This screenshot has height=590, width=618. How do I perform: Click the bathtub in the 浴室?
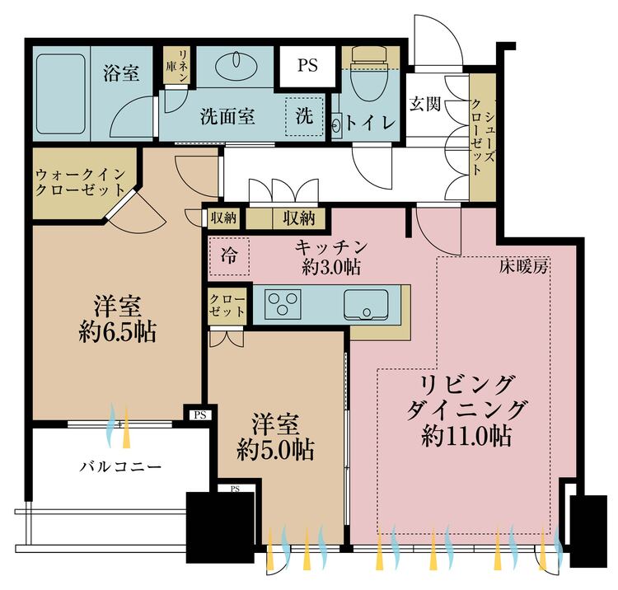pyautogui.click(x=61, y=94)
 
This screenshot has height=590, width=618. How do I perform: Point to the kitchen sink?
pyautogui.click(x=366, y=304)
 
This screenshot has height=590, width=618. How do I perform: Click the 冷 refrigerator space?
pyautogui.click(x=229, y=255)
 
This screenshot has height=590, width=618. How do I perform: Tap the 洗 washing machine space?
pyautogui.click(x=304, y=115)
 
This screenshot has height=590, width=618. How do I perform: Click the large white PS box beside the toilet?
pyautogui.click(x=307, y=65)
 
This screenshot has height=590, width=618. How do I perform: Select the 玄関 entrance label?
pyautogui.click(x=424, y=104)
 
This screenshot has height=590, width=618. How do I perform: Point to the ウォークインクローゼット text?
pyautogui.click(x=81, y=182)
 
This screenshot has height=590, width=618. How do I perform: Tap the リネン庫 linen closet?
pyautogui.click(x=176, y=65)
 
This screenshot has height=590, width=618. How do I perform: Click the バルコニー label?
pyautogui.click(x=120, y=467)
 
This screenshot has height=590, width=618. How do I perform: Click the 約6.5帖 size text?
pyautogui.click(x=118, y=333)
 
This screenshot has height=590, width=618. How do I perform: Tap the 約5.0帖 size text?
pyautogui.click(x=275, y=449)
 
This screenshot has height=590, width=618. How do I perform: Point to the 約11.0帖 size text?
pyautogui.click(x=466, y=436)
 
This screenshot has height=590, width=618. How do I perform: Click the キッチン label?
pyautogui.click(x=331, y=246)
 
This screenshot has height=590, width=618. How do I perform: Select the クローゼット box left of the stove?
pyautogui.click(x=227, y=306)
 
